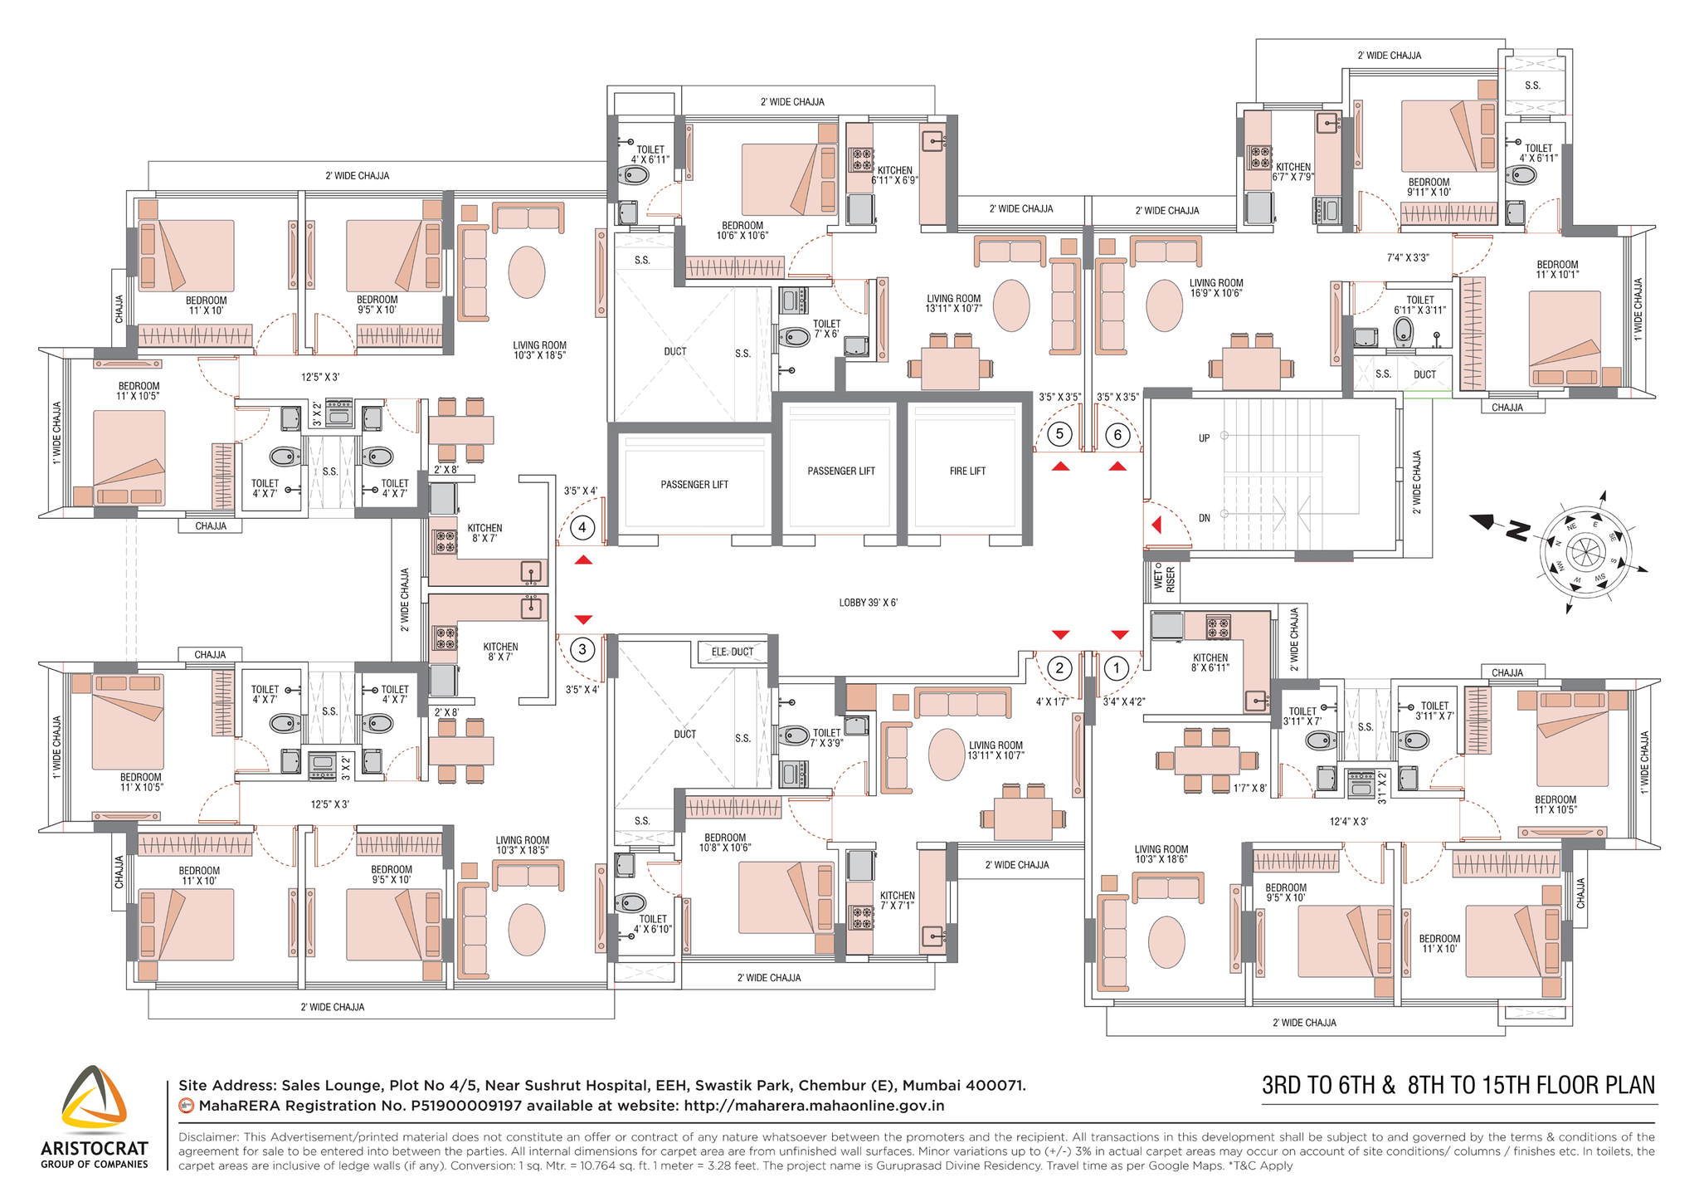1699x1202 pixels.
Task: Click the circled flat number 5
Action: (1059, 433)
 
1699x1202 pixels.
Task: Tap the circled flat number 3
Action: (582, 649)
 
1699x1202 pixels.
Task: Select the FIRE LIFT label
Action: (967, 471)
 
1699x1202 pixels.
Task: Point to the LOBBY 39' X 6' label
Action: (868, 603)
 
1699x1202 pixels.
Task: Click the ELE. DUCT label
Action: (733, 652)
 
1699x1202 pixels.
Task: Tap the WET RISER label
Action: (1165, 579)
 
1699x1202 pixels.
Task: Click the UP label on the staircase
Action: (1204, 438)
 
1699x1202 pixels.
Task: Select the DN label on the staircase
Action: (1204, 518)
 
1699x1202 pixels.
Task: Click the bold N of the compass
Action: (1517, 530)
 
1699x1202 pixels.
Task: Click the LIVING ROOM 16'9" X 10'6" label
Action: (1216, 288)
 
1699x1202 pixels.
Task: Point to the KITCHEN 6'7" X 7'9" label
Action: (1293, 172)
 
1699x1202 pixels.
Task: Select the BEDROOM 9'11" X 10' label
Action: (1429, 187)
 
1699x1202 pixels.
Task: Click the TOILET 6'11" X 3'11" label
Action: (1419, 305)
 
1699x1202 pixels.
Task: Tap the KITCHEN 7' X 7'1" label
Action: (897, 901)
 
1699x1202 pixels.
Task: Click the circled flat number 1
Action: (1117, 668)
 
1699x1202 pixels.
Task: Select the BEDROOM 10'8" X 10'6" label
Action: (725, 843)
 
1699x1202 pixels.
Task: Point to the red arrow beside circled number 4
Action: (583, 560)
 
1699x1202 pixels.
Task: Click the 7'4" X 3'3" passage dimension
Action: (1408, 258)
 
